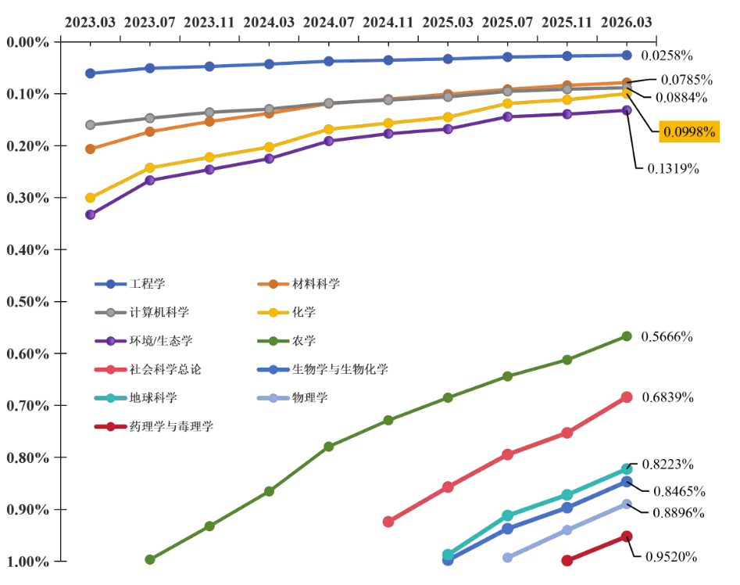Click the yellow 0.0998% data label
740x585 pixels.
pyautogui.click(x=689, y=132)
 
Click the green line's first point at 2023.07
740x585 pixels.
pyautogui.click(x=150, y=558)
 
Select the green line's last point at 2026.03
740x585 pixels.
pyautogui.click(x=626, y=336)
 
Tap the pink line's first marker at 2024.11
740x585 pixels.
pyautogui.click(x=388, y=521)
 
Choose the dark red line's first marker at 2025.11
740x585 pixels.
pyautogui.click(x=567, y=560)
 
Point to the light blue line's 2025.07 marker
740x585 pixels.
pyautogui.click(x=507, y=557)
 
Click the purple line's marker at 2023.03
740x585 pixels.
pyautogui.click(x=90, y=214)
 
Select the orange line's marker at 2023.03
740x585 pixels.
pyautogui.click(x=90, y=149)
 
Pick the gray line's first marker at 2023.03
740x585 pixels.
pyautogui.click(x=90, y=125)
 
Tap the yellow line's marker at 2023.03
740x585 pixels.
pyautogui.click(x=90, y=197)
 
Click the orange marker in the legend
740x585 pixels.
pyautogui.click(x=273, y=284)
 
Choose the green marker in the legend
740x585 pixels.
pyautogui.click(x=273, y=341)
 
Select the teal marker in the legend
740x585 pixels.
pyautogui.click(x=110, y=397)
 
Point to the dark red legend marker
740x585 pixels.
pyautogui.click(x=110, y=426)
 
